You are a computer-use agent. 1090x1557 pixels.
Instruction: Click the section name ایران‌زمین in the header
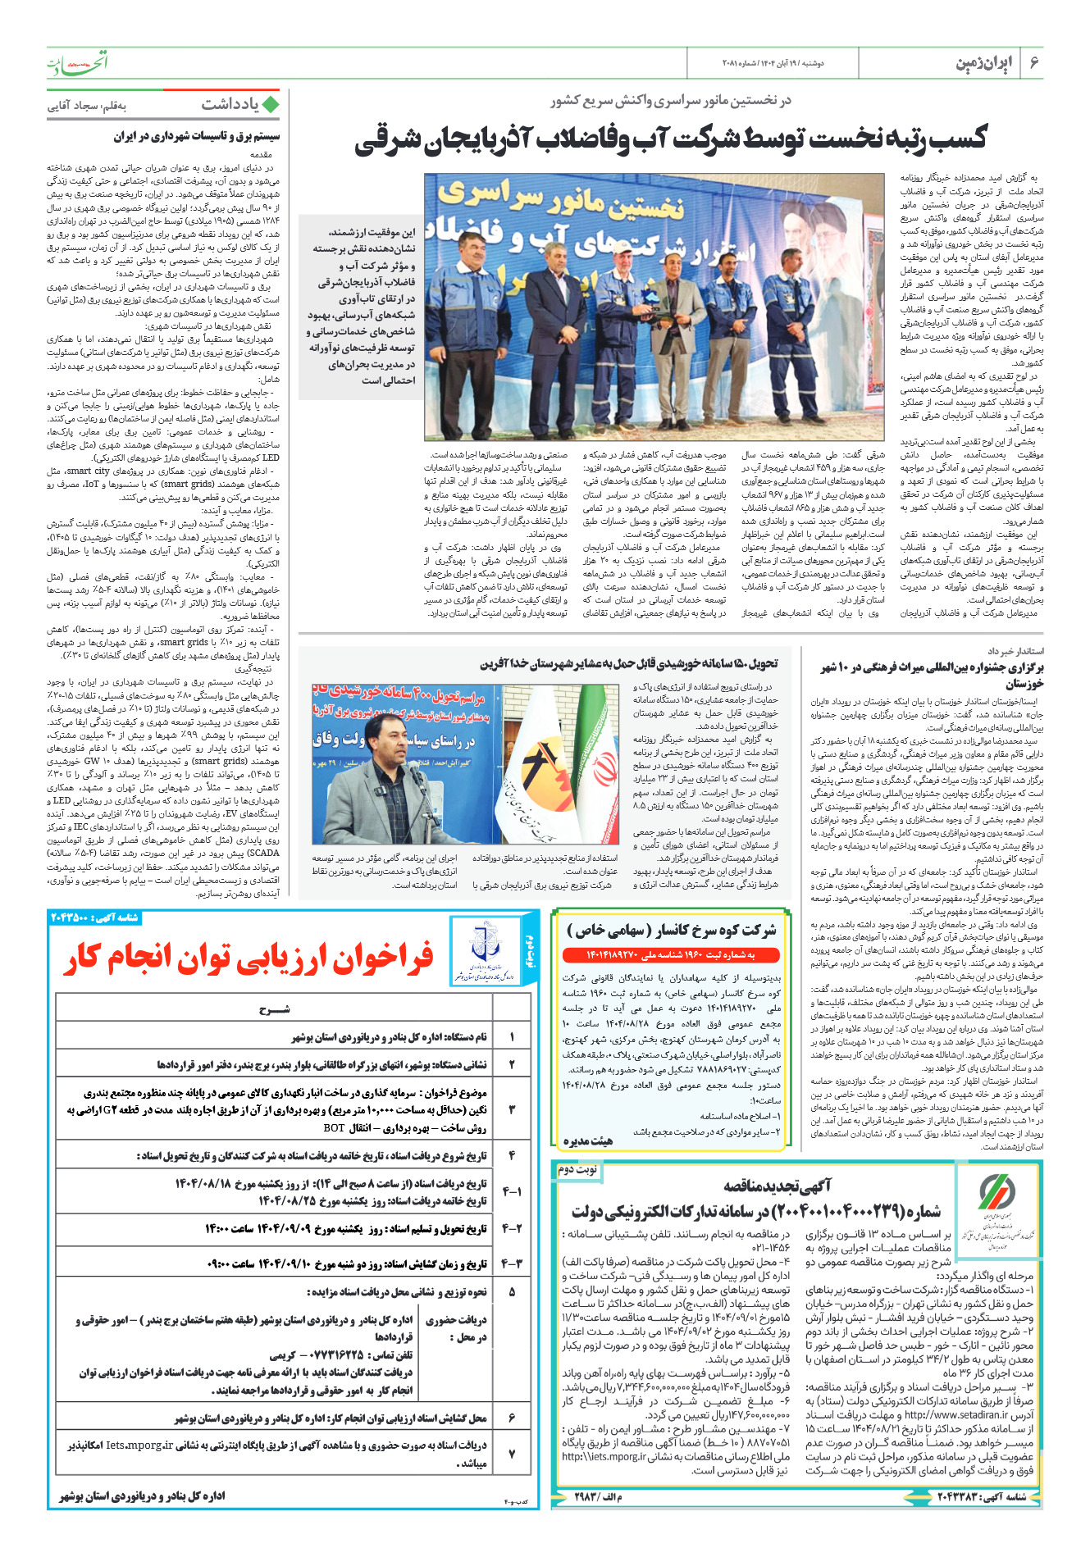984,63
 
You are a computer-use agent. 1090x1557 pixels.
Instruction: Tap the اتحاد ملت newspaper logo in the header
77,63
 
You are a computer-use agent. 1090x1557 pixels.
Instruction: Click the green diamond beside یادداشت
271,105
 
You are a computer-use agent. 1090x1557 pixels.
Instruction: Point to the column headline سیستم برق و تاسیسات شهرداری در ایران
197,137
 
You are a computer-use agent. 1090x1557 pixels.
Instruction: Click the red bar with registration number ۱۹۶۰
669,955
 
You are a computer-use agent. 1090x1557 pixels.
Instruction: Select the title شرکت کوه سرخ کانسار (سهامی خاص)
671,930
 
